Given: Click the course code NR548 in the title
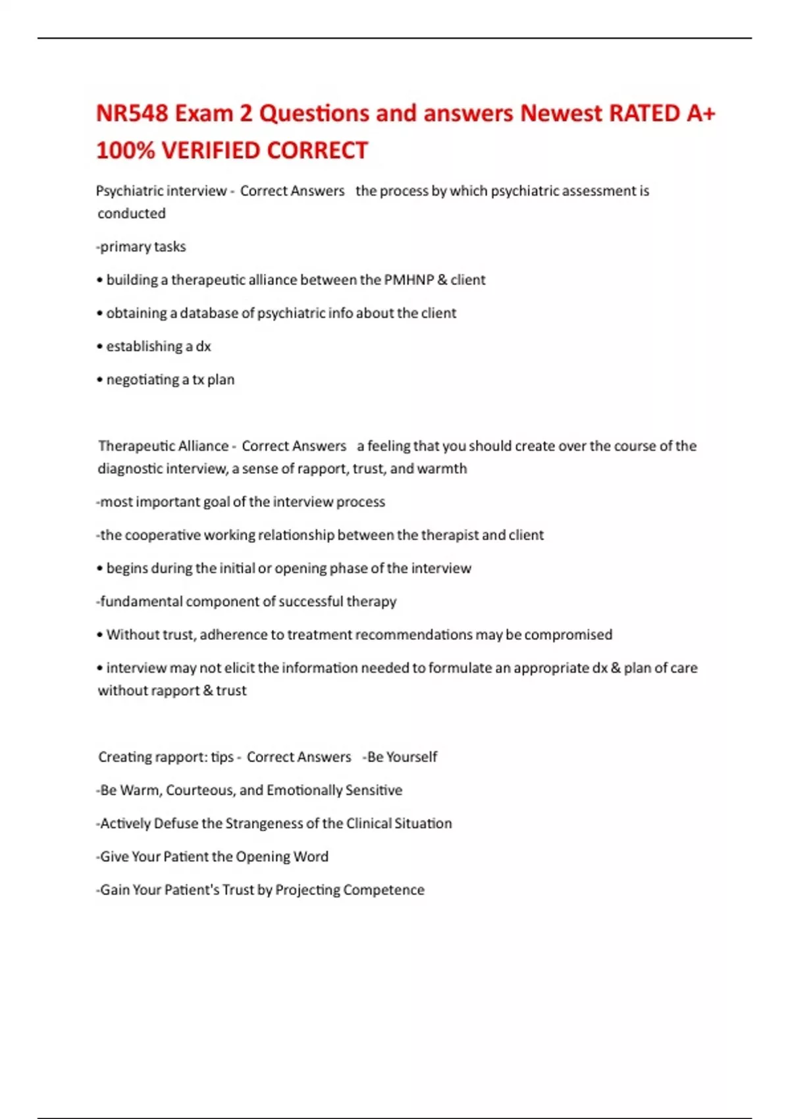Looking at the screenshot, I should click(x=132, y=113).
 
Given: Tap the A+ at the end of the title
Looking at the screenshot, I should click(x=700, y=113).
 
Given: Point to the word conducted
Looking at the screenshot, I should click(x=132, y=213).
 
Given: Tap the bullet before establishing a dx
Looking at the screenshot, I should click(x=100, y=347).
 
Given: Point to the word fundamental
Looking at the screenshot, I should click(x=141, y=602).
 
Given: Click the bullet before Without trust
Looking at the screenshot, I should click(x=100, y=635).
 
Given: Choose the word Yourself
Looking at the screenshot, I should click(x=411, y=757).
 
